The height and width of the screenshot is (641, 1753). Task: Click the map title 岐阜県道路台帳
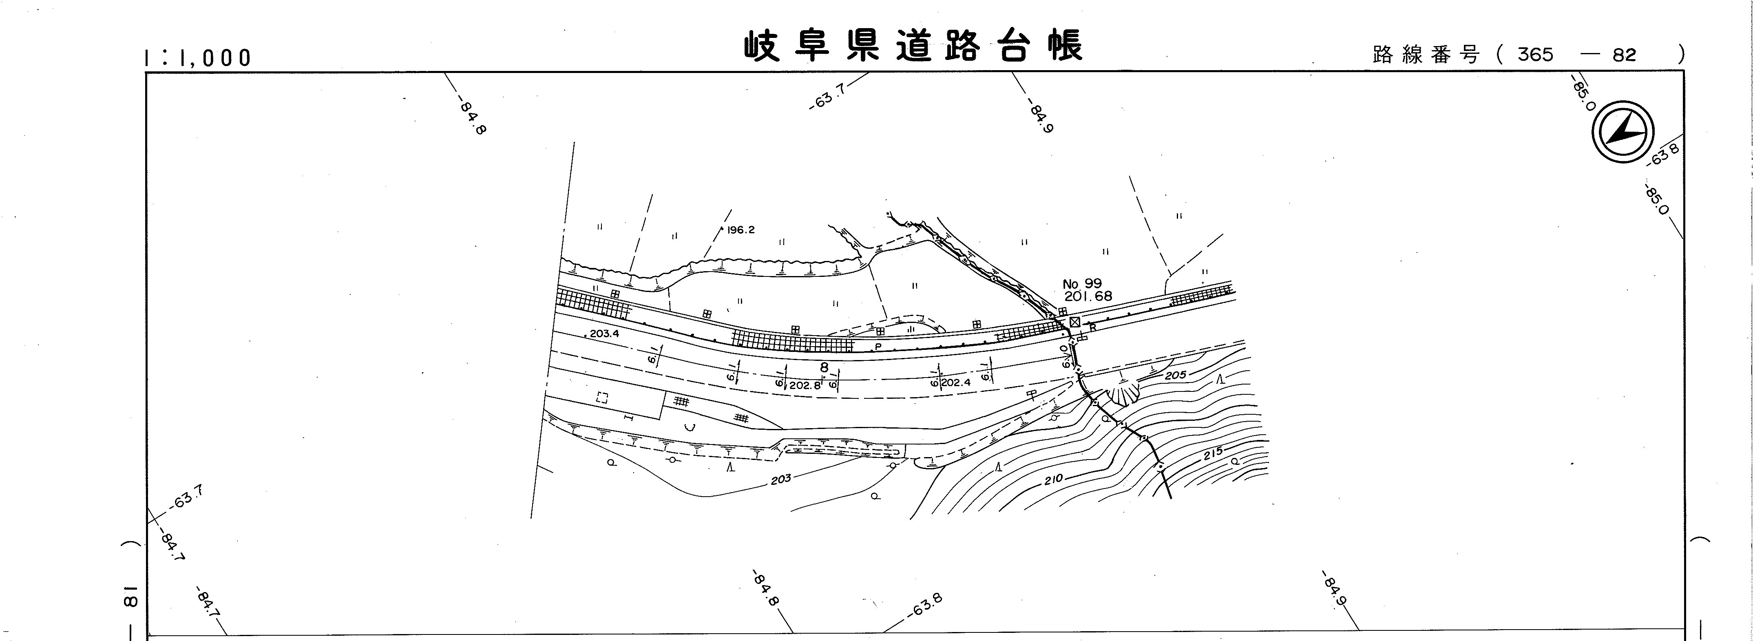(912, 46)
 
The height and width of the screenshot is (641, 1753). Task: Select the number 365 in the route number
(1535, 55)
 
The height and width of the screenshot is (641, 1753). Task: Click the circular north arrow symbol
(1623, 132)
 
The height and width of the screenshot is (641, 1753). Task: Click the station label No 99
(1082, 284)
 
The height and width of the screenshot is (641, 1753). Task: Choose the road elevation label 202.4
(955, 382)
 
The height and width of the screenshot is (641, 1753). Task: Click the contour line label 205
(1175, 375)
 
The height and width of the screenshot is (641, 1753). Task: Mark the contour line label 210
(1053, 480)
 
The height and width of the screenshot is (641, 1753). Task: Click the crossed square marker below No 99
(1074, 321)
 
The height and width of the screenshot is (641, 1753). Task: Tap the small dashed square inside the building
(601, 398)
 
